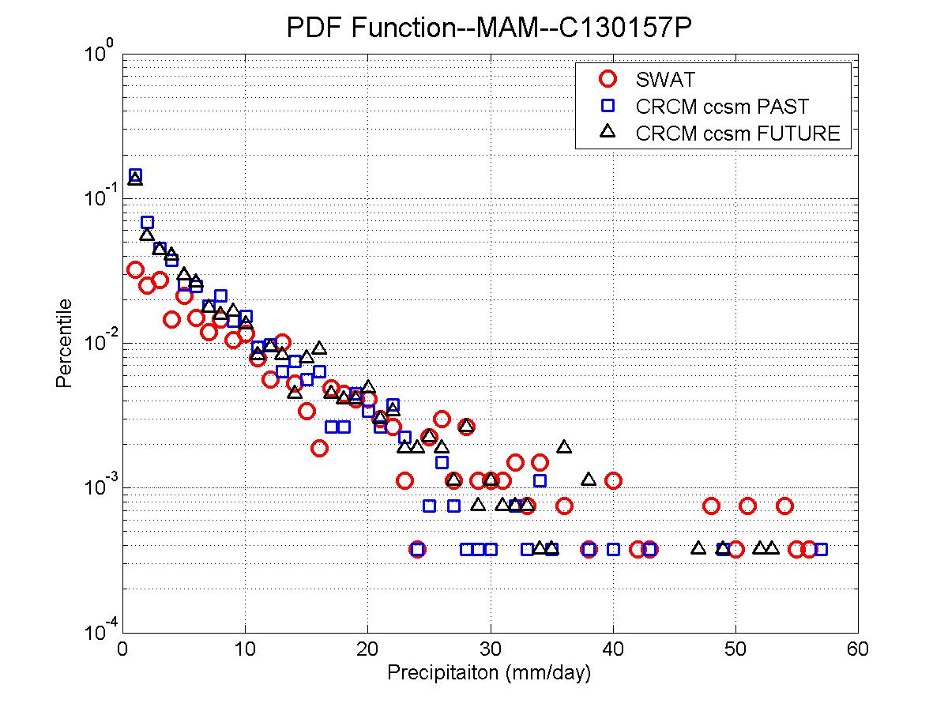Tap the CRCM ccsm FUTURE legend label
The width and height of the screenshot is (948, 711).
click(737, 133)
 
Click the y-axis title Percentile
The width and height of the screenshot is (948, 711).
click(65, 343)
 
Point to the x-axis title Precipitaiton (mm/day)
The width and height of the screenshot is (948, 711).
click(490, 674)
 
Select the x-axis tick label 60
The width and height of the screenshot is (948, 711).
click(858, 649)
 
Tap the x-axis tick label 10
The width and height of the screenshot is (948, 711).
click(245, 649)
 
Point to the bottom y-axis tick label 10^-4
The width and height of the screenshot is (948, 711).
click(98, 630)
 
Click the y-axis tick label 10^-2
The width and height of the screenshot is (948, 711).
click(98, 341)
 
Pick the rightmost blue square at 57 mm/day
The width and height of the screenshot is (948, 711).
click(821, 549)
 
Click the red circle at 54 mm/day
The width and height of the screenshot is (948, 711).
click(784, 506)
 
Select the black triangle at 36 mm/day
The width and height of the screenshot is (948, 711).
click(564, 447)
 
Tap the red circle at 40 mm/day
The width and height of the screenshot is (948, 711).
click(613, 480)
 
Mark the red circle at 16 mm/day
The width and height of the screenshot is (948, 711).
click(319, 448)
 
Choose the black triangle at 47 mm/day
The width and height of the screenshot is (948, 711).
click(698, 547)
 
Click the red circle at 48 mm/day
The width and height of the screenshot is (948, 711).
click(711, 506)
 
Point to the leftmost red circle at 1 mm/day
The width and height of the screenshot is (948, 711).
click(135, 270)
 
